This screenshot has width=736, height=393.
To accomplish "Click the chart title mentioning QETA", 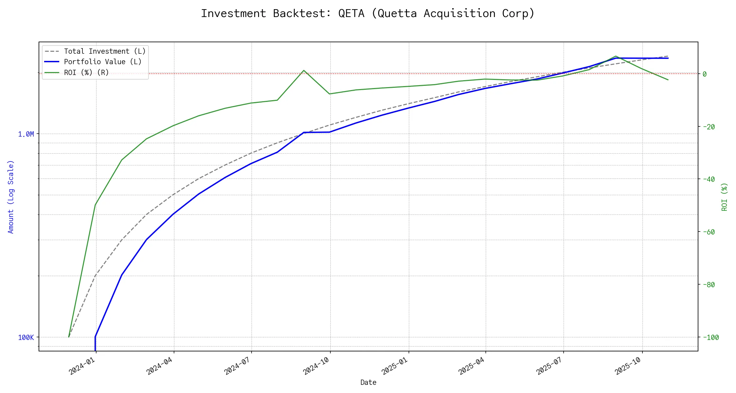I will pyautogui.click(x=368, y=14).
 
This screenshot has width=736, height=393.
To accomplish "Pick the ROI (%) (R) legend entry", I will pyautogui.click(x=86, y=72).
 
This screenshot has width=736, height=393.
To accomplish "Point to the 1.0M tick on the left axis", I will pyautogui.click(x=26, y=134).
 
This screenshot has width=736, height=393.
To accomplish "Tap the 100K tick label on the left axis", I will pyautogui.click(x=26, y=337).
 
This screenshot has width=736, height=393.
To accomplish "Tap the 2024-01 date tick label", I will pyautogui.click(x=82, y=365).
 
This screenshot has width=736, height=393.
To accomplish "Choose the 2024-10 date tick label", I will pyautogui.click(x=316, y=365).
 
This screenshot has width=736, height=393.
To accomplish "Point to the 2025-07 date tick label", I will pyautogui.click(x=550, y=365).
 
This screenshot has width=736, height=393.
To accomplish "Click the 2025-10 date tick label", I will pyautogui.click(x=628, y=365).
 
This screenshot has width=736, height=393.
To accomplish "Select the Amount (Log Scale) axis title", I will pyautogui.click(x=11, y=196).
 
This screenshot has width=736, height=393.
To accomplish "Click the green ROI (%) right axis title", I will pyautogui.click(x=725, y=196).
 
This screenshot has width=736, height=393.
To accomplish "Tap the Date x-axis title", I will pyautogui.click(x=368, y=382).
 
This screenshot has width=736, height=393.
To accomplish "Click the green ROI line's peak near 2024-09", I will pyautogui.click(x=304, y=70).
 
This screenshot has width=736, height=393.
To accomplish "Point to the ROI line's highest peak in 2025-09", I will pyautogui.click(x=616, y=56).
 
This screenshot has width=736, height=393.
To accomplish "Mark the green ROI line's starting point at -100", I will pyautogui.click(x=69, y=337).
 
